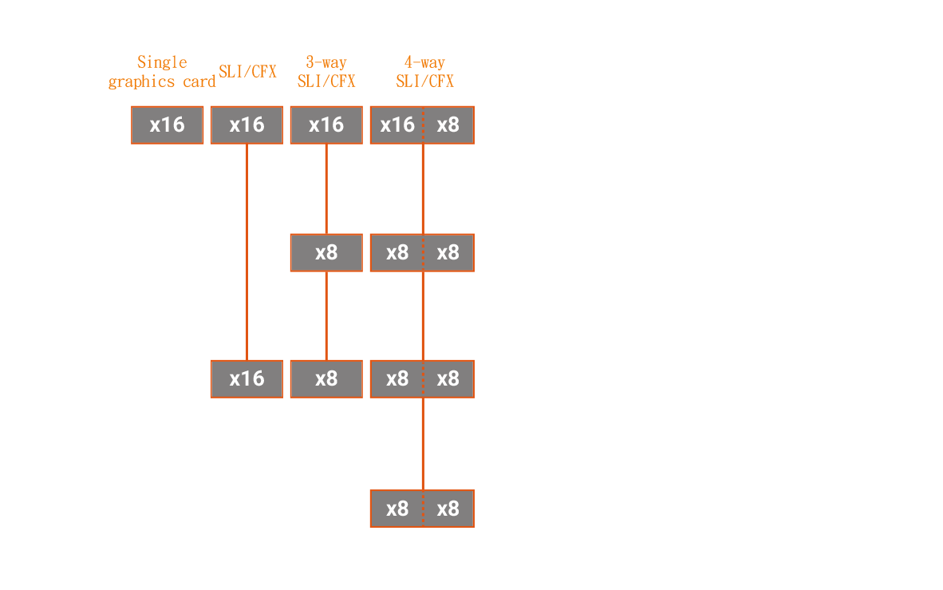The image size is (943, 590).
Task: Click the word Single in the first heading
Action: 162,62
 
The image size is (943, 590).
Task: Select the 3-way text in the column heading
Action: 326,62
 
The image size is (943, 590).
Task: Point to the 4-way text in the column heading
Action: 424,62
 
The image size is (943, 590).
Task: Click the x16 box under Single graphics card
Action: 168,125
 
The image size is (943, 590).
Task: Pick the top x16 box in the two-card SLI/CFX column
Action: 247,125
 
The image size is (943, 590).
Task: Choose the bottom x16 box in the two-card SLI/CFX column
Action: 247,379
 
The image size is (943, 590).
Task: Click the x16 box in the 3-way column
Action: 326,125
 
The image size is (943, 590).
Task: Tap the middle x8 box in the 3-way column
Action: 326,253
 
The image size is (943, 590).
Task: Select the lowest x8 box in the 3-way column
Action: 326,379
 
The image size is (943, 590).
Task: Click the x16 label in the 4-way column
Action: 397,125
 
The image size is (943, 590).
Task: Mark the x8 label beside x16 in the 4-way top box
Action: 448,125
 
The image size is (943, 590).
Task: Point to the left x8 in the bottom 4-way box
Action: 397,509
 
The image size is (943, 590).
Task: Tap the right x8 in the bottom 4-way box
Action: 448,509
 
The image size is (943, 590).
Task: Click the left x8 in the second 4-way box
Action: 397,252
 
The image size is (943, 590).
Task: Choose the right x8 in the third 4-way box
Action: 448,378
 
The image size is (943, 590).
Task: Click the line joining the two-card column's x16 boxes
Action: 247,252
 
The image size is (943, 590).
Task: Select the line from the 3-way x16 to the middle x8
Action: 326,189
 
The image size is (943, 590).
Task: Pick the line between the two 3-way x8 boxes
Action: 326,316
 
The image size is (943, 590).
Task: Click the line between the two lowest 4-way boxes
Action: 424,445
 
